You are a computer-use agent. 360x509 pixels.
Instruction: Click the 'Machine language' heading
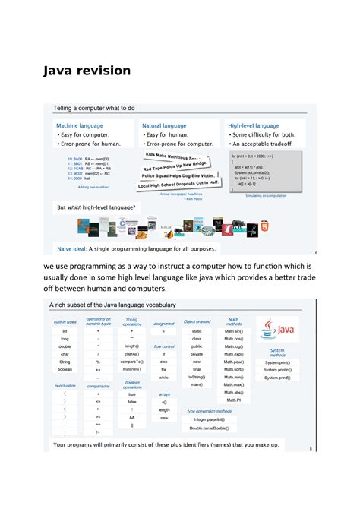pyautogui.click(x=80, y=125)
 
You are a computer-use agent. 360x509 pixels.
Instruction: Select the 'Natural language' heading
pyautogui.click(x=165, y=125)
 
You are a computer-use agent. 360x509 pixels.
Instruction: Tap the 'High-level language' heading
pyautogui.click(x=254, y=125)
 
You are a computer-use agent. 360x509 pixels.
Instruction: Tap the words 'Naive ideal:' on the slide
pyautogui.click(x=72, y=248)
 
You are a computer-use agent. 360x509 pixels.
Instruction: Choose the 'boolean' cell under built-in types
pyautogui.click(x=65, y=369)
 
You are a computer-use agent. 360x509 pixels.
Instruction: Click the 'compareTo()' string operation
pyautogui.click(x=131, y=362)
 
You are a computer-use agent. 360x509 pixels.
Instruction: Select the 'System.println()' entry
pyautogui.click(x=277, y=370)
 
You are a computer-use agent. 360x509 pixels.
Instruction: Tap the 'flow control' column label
pyautogui.click(x=164, y=346)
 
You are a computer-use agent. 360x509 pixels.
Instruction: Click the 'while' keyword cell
pyautogui.click(x=163, y=378)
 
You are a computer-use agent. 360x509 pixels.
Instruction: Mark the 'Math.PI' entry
pyautogui.click(x=233, y=400)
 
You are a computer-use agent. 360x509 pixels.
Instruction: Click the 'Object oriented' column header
pyautogui.click(x=197, y=322)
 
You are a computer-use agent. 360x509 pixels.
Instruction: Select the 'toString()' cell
pyautogui.click(x=197, y=377)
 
